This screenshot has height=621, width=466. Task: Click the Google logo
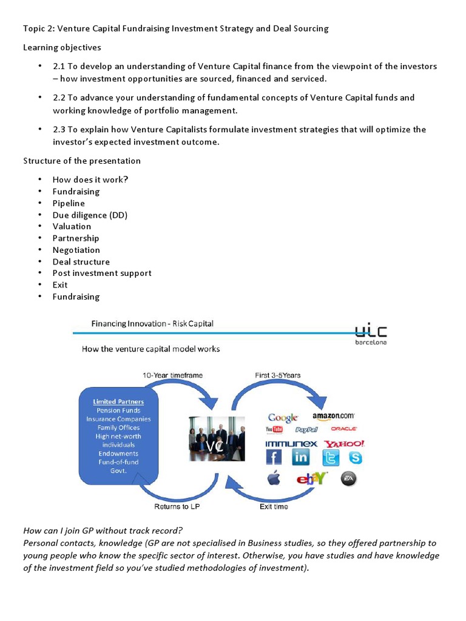(x=283, y=417)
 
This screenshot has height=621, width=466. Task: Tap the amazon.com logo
(x=333, y=416)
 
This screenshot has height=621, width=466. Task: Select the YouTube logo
(x=274, y=429)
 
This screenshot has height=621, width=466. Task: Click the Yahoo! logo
(x=344, y=444)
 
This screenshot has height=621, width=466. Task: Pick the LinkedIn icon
(x=300, y=457)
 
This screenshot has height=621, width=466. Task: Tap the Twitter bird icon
(x=331, y=458)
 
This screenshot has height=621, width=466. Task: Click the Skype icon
(x=354, y=457)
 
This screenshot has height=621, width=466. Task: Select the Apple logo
(x=274, y=478)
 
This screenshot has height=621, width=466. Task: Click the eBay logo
(x=312, y=478)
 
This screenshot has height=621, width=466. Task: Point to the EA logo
(x=349, y=478)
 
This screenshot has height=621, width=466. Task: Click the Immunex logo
(x=292, y=444)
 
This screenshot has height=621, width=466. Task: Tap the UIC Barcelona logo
(x=371, y=334)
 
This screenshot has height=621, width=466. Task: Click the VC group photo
(x=217, y=438)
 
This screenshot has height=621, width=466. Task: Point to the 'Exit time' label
(x=274, y=506)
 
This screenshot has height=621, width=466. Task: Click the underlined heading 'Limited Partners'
(x=118, y=401)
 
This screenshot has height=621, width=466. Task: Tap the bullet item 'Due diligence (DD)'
(x=90, y=215)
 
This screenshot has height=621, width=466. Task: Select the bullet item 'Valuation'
(x=72, y=226)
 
